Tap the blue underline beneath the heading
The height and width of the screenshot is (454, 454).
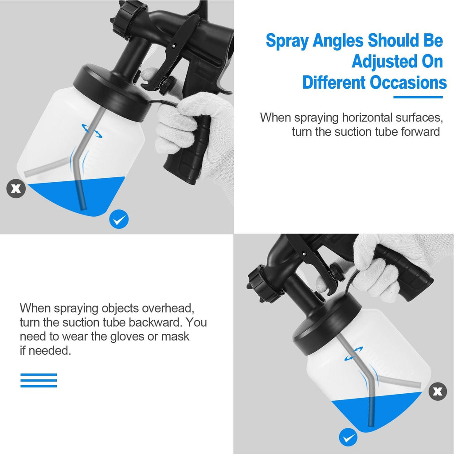[418, 97]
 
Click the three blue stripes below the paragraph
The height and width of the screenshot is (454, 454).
[39, 380]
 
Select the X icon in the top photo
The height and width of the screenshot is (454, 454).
[16, 188]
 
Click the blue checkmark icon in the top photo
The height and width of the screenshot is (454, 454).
[119, 219]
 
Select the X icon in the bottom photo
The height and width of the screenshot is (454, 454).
[438, 391]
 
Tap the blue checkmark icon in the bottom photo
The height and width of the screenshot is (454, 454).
[348, 438]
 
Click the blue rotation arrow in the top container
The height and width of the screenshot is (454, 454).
[90, 129]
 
